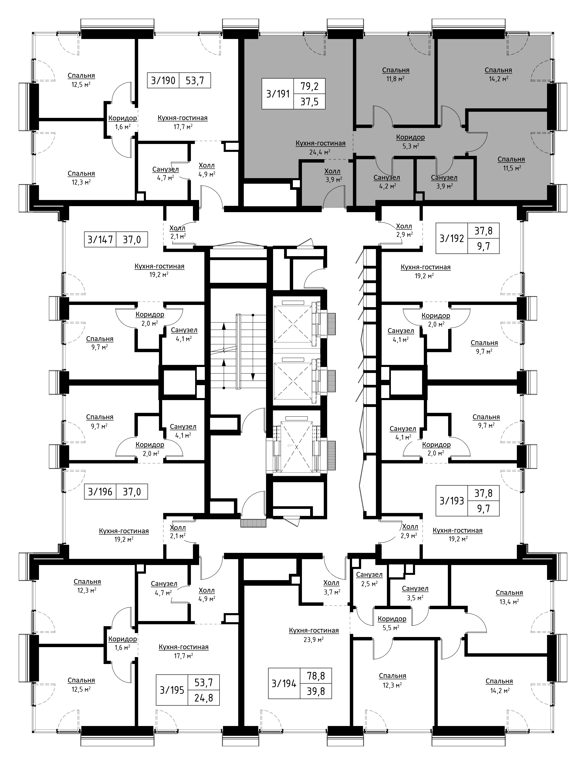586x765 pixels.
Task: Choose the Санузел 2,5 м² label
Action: (x=369, y=578)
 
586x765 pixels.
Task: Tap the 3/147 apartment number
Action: (x=100, y=240)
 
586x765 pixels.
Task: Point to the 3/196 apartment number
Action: (x=100, y=492)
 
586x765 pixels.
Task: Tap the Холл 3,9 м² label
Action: (x=332, y=175)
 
